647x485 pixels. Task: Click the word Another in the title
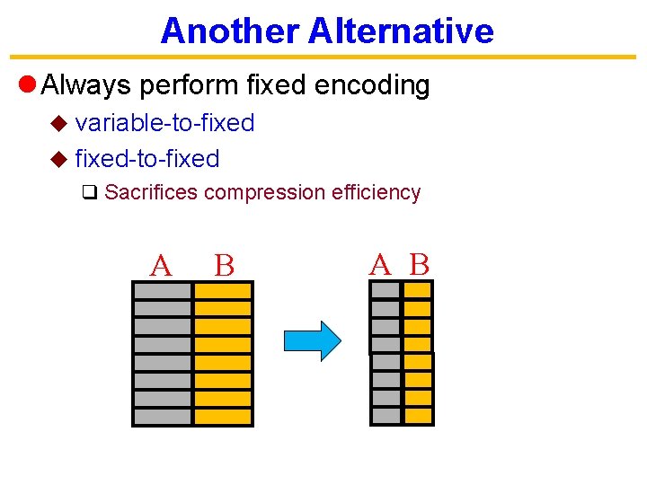click(229, 31)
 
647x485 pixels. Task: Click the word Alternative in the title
click(401, 31)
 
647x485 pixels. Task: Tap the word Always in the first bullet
click(86, 85)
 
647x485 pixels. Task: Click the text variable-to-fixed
click(164, 123)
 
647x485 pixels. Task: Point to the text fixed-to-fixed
click(147, 159)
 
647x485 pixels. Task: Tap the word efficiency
click(376, 192)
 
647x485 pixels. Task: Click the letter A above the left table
click(160, 266)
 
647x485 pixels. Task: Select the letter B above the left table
click(224, 266)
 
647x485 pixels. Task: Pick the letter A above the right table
click(381, 264)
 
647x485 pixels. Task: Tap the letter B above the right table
click(420, 264)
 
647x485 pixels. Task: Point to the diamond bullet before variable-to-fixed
click(58, 124)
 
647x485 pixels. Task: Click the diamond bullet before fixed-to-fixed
click(58, 160)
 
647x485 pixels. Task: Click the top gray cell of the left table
click(162, 291)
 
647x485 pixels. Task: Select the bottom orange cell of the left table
click(223, 417)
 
